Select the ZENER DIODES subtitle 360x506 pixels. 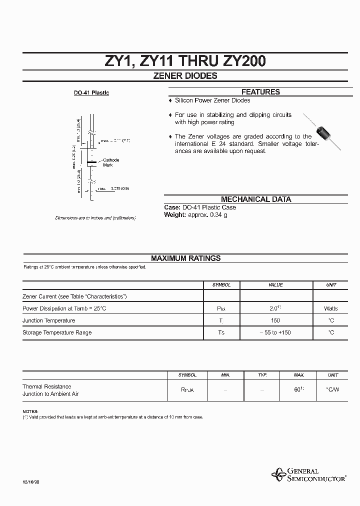coord(185,76)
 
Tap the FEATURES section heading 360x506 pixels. coord(260,92)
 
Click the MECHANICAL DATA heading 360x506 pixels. coord(255,199)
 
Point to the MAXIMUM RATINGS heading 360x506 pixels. coord(185,258)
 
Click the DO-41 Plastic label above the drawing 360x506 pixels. coord(91,93)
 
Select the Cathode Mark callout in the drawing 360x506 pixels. coord(111,162)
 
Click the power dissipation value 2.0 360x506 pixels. coord(275,308)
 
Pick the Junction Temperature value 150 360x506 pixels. coord(275,320)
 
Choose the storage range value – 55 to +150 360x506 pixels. coord(275,332)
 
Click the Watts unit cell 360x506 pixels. coord(330,308)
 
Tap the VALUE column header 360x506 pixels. coord(275,284)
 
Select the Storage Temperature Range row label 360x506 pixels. coord(57,332)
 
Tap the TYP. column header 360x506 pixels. coord(262,374)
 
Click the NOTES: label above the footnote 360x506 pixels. coord(30,410)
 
